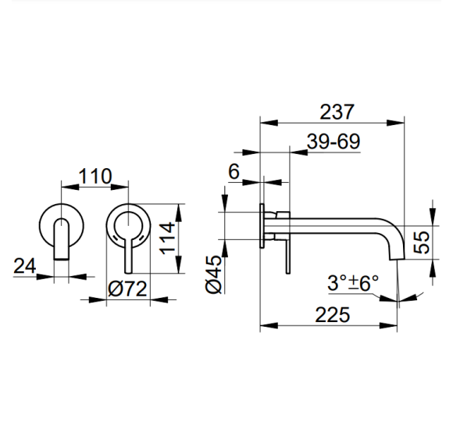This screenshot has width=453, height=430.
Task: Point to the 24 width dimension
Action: (x=25, y=266)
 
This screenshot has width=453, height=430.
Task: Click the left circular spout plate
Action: (x=60, y=221)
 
